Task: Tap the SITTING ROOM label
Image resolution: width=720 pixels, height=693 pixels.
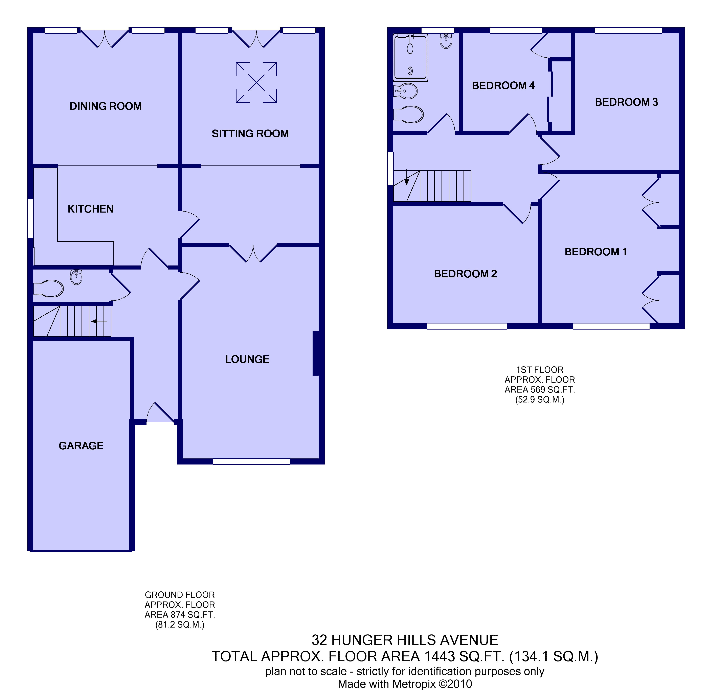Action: [x=250, y=134]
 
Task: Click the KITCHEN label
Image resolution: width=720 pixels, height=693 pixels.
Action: [x=91, y=209]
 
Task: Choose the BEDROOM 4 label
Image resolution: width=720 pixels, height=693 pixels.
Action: [x=503, y=86]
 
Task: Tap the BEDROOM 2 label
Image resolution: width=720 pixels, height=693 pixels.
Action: [x=465, y=274]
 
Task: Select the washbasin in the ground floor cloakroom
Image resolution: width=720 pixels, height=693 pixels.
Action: [x=76, y=277]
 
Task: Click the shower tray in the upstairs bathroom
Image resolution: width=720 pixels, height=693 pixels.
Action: [x=411, y=57]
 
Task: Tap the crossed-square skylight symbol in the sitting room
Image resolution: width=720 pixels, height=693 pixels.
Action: [x=256, y=82]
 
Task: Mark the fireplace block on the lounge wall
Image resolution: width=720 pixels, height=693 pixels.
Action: [x=316, y=353]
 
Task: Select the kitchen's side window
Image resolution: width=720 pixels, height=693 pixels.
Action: [x=30, y=218]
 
